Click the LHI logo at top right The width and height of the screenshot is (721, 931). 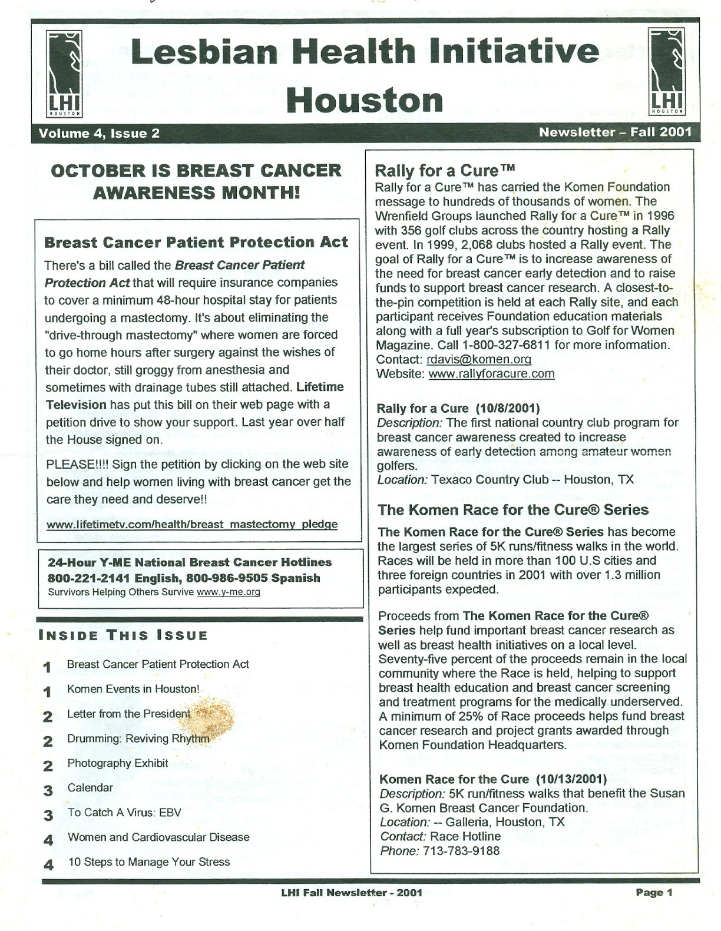(x=667, y=72)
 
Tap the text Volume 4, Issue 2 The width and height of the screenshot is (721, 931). (x=99, y=133)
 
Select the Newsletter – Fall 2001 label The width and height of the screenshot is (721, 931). (x=615, y=132)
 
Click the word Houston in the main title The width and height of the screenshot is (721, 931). (x=365, y=100)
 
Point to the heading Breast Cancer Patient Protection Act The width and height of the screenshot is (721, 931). (x=196, y=242)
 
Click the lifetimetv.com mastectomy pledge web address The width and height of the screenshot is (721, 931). (x=191, y=524)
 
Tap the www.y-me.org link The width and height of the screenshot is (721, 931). (x=229, y=592)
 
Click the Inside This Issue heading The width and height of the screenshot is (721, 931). (x=123, y=635)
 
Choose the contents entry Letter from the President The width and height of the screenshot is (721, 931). (x=128, y=714)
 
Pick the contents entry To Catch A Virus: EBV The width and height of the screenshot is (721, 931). (x=124, y=813)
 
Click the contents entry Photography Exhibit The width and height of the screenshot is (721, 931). (x=118, y=763)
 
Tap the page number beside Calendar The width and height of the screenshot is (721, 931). (x=48, y=790)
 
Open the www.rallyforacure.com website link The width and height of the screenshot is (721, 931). (x=491, y=373)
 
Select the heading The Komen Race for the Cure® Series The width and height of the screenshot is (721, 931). (x=513, y=510)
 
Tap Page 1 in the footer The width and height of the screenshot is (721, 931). (x=654, y=892)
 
